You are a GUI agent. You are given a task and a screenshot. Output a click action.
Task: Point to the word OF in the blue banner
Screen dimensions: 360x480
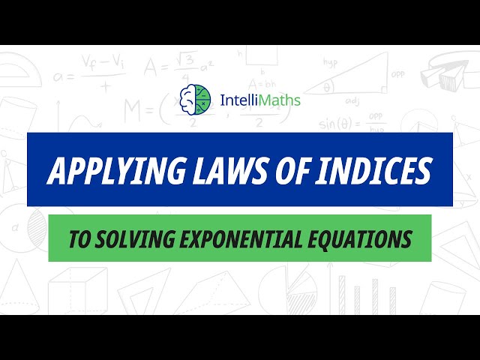[283, 170]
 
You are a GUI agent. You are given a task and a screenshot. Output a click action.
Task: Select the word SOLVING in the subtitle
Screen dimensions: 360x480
[127, 239]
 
